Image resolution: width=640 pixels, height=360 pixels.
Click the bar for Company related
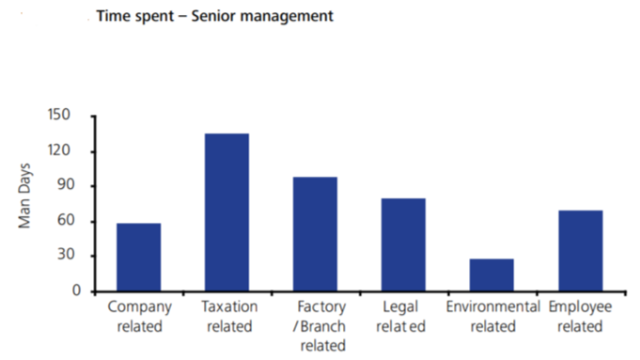tap(138, 257)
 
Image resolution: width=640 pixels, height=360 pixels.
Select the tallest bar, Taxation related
tap(226, 212)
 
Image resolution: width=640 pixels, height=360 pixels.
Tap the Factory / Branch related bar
tap(315, 234)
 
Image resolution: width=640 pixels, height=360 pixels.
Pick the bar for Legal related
tap(403, 244)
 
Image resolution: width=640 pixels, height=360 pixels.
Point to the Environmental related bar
tap(492, 274)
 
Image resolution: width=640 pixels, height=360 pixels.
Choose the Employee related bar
tap(580, 251)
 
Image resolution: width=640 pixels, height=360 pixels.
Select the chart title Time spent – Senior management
tap(214, 17)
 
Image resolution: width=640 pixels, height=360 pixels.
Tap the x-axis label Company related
tap(138, 317)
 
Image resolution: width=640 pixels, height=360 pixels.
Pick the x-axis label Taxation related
tap(226, 317)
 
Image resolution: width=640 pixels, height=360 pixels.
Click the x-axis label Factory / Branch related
tap(315, 326)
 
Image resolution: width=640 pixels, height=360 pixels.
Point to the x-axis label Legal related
tap(403, 317)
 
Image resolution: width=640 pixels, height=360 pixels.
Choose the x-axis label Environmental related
tap(492, 317)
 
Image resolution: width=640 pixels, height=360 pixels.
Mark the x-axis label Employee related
tap(580, 317)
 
